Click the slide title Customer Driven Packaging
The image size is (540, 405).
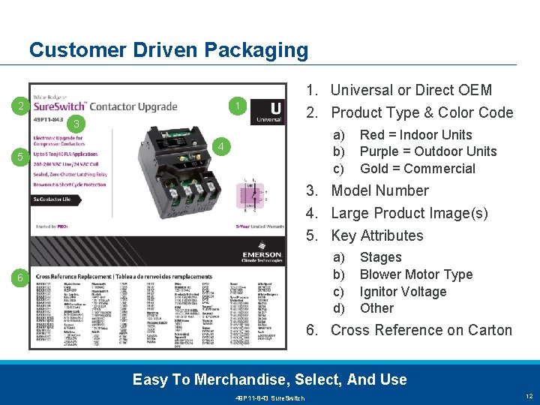169,50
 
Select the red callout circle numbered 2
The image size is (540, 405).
22,106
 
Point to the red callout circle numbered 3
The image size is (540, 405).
76,122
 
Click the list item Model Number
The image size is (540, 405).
379,190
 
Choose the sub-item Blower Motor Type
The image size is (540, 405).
416,274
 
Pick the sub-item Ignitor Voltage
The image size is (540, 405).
403,292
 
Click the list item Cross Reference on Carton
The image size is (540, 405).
421,330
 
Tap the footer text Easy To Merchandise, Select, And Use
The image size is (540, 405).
270,379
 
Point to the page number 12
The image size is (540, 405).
528,396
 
